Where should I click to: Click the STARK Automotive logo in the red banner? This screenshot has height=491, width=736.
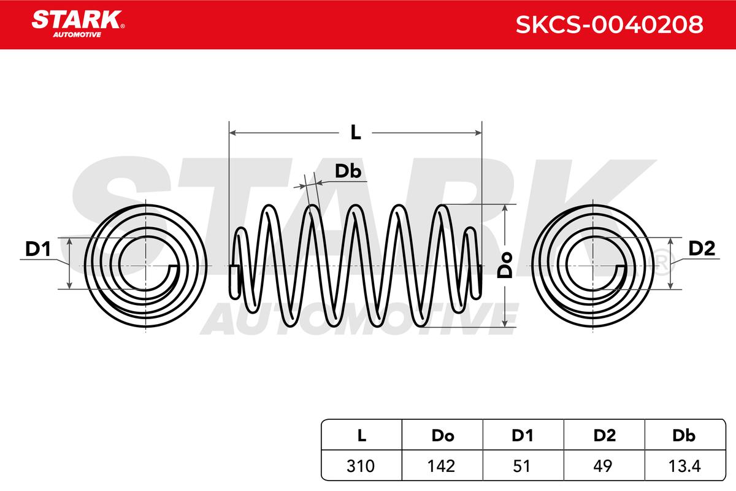[78, 24]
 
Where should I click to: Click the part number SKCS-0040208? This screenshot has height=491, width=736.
[610, 25]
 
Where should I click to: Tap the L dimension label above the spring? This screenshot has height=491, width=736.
[356, 133]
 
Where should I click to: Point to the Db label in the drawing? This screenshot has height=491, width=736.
[348, 171]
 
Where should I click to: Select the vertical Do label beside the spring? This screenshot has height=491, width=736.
[505, 265]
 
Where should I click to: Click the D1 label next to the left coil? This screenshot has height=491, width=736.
[38, 249]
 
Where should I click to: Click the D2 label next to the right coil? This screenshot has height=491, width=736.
[702, 249]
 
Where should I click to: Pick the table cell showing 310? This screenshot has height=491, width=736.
[361, 466]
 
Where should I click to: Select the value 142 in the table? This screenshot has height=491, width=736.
[441, 466]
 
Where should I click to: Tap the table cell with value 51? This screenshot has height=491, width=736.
[522, 466]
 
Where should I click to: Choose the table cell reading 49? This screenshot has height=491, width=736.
[603, 466]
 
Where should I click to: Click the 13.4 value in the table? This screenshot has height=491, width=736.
[684, 466]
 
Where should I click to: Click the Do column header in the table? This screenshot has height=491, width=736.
[443, 435]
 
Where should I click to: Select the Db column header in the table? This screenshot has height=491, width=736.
[684, 435]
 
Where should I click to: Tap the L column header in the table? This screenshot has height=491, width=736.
[362, 435]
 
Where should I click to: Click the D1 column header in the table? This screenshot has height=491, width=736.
[523, 435]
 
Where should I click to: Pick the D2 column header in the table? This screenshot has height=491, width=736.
[605, 435]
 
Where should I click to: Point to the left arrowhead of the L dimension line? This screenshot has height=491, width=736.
[233, 133]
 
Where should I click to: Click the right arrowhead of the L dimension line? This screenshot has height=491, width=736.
[478, 133]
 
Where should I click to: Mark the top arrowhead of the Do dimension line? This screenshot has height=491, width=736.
[505, 208]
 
